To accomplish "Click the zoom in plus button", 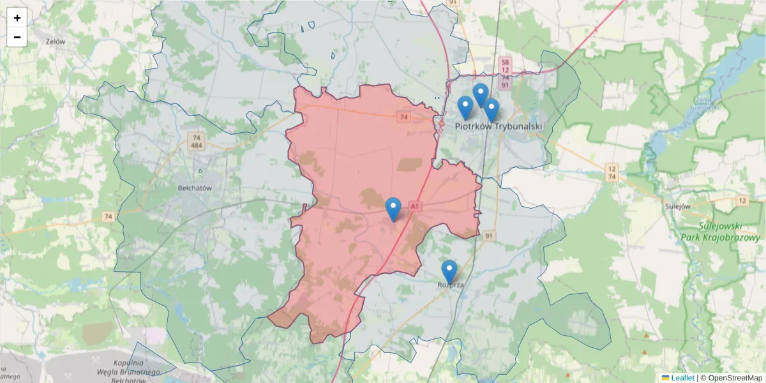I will click(x=17, y=18).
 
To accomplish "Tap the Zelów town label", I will click(x=56, y=41).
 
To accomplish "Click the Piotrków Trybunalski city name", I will click(x=498, y=126).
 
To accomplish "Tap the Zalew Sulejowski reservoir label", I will click(x=704, y=104).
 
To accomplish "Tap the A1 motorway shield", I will click(x=415, y=207).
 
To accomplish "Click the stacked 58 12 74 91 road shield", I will click(x=505, y=72).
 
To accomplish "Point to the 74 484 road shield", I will click(x=197, y=142).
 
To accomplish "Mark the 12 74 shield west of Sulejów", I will click(x=612, y=172).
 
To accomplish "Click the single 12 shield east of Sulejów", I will click(x=742, y=201).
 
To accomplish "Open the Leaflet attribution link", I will click(x=682, y=378).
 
